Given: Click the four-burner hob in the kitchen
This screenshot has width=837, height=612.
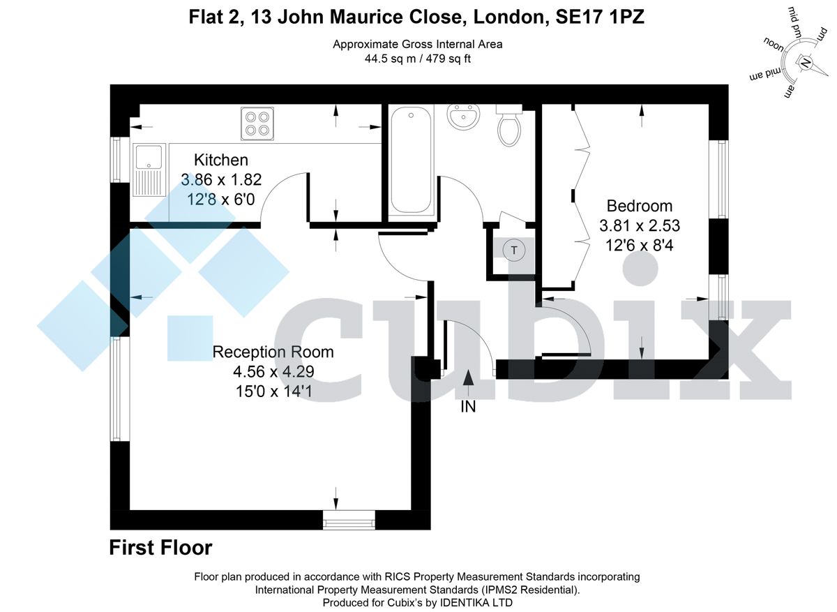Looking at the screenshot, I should [256, 123].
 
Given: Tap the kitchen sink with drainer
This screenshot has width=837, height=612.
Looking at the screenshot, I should [149, 171].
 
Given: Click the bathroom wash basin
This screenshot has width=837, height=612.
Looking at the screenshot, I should [463, 117].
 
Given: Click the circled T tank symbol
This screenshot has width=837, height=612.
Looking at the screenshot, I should [515, 249].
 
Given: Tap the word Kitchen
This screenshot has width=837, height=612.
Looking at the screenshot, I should [220, 160].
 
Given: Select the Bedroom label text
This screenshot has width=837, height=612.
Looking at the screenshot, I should [639, 206].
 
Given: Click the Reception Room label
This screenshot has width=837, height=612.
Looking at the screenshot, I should [273, 352].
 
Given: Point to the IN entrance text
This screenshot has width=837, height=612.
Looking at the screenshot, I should [468, 407].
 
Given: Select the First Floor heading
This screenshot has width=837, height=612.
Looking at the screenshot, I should [160, 548].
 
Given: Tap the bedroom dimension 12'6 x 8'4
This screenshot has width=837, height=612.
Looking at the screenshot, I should [639, 245].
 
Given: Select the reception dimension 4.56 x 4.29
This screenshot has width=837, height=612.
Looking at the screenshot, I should [273, 372].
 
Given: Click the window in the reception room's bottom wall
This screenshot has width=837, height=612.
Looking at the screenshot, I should [349, 520].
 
